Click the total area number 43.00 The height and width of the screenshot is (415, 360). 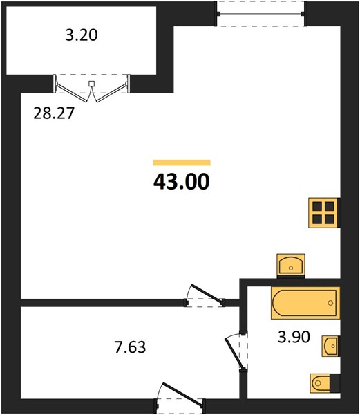coord(181,182)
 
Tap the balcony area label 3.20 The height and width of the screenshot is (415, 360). coord(82,35)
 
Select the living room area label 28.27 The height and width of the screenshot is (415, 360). coord(53,113)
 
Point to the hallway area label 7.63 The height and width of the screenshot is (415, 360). coord(130,347)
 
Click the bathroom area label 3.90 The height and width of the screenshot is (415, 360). coord(294,338)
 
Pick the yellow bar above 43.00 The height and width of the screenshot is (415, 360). coord(182,163)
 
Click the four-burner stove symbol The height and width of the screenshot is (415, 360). coord(324,212)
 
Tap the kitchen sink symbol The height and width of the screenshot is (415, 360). coord(291,264)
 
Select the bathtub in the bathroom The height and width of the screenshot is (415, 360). coord(305,303)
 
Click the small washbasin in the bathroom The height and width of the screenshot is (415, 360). coord(330,346)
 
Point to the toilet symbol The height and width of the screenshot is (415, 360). coord(321,383)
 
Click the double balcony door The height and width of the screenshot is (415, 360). coord(92,88)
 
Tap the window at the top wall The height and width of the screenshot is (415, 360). coord(260,14)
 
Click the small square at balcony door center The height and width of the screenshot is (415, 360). coord(91,84)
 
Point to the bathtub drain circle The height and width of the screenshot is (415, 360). coord(330,303)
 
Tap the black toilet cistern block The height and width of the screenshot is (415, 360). coord(335,383)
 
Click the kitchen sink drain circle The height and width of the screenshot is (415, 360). coord(291,268)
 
